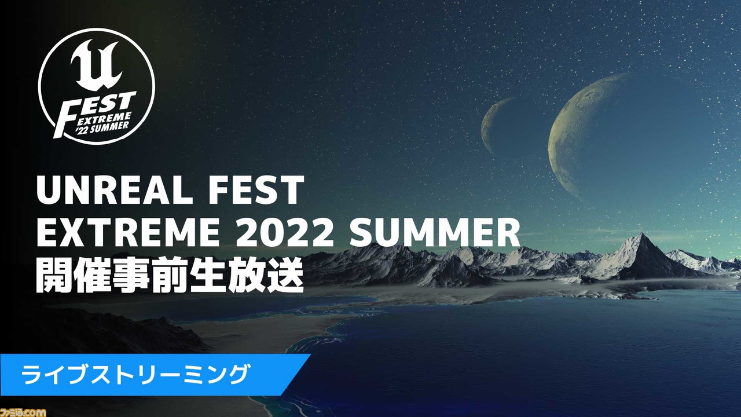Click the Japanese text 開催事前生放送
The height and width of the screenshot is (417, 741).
pos(170,275)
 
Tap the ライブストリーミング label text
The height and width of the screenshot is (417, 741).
pos(134,374)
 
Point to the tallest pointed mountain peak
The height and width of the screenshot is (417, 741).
pos(642,234)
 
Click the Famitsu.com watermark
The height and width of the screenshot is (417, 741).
pos(23,412)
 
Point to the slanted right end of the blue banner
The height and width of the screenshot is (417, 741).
pos(295,374)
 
